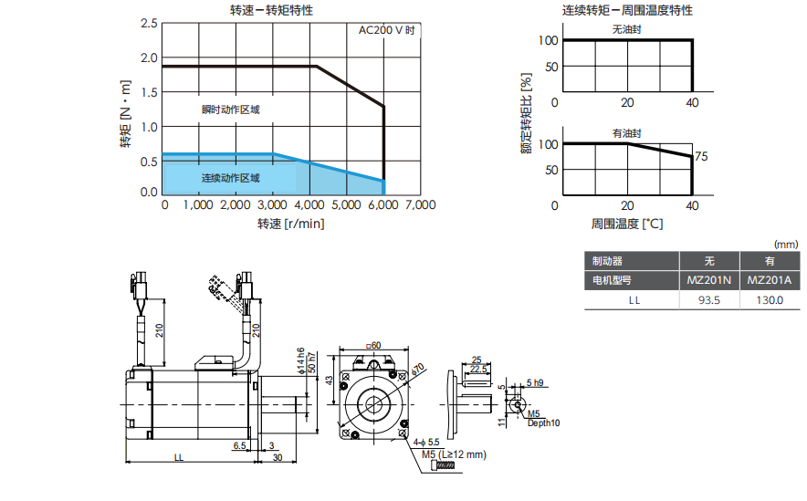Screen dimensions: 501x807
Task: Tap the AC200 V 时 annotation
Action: coord(387,30)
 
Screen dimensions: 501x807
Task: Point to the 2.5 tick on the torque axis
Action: coord(149,23)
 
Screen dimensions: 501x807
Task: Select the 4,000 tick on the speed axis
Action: coord(309,205)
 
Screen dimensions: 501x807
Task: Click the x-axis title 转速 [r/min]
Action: coord(290,224)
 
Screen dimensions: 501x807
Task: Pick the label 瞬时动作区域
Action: coord(231,110)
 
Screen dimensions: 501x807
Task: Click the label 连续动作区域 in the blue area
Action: coord(231,178)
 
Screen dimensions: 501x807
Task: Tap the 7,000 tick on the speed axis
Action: coord(420,205)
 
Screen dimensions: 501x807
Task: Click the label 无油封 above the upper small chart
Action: coord(626,29)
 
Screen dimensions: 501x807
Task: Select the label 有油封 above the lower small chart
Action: coord(626,133)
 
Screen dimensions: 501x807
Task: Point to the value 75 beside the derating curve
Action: coord(701,157)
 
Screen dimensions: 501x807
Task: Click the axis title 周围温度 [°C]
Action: coord(627,223)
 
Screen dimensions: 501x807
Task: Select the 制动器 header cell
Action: coord(607,261)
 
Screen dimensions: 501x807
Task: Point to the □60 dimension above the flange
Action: coord(372,345)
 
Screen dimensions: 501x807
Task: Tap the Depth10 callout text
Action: coord(544,423)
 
